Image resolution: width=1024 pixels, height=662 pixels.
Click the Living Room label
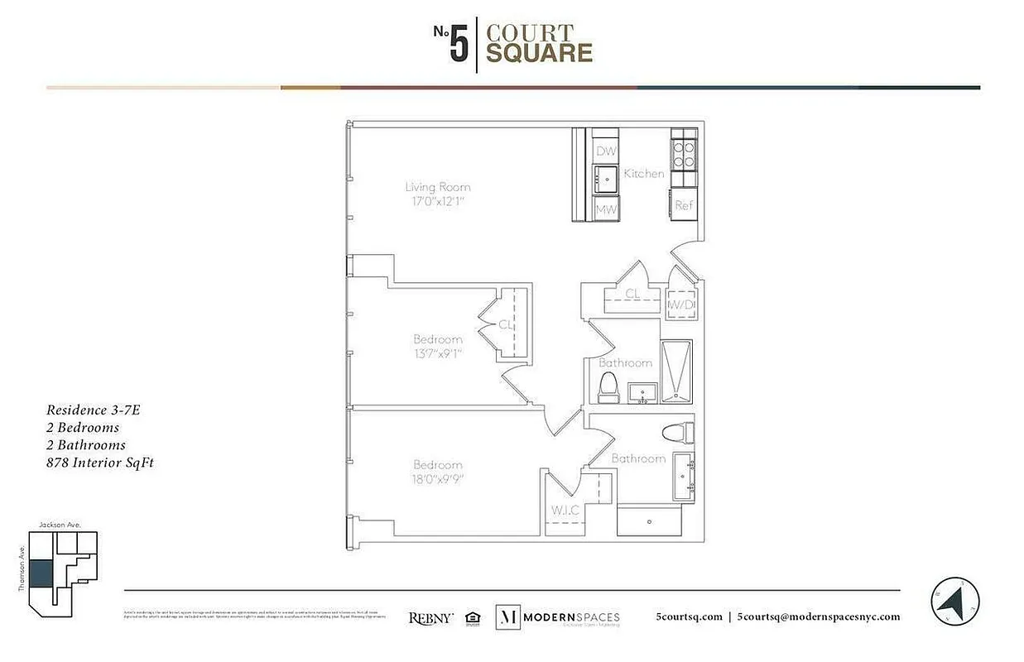pos(438,187)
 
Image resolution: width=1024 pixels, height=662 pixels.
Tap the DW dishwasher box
pos(607,151)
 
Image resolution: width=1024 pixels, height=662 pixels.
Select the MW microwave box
pos(607,209)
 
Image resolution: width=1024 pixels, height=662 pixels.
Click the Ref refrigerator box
pos(683,204)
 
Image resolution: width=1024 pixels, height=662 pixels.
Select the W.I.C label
pos(565,511)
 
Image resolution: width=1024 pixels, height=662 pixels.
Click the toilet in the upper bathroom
pos(608,386)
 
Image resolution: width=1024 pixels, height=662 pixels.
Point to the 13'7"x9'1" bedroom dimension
pos(438,354)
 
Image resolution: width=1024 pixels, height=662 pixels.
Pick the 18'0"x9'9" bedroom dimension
pos(438,479)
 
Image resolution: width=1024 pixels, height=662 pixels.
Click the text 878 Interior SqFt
pos(100,463)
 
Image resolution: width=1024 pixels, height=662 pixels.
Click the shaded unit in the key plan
pos(40,573)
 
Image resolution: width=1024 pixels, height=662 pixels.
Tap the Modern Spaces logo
pos(557,617)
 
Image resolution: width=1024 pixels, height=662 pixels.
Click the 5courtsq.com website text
pos(689,616)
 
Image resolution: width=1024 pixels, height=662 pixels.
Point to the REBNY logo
pos(430,617)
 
